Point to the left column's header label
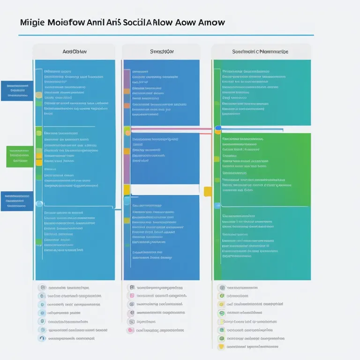pyautogui.click(x=74, y=52)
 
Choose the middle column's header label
pyautogui.click(x=161, y=52)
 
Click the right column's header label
pyautogui.click(x=260, y=52)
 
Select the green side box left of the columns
pyautogui.click(x=20, y=157)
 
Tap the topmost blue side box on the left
pyautogui.click(x=17, y=91)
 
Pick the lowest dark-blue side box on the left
pyautogui.click(x=17, y=201)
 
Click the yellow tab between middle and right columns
pyautogui.click(x=208, y=191)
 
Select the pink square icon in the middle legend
pyautogui.click(x=132, y=296)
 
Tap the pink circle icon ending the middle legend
pyautogui.click(x=130, y=330)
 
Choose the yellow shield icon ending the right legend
pyautogui.click(x=221, y=346)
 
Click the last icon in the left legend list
pyautogui.click(x=42, y=338)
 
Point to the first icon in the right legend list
pyautogui.click(x=221, y=287)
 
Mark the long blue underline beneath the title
pyautogui.click(x=166, y=35)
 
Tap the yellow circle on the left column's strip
pyautogui.click(x=39, y=95)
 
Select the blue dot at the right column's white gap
pyautogui.click(x=218, y=127)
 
